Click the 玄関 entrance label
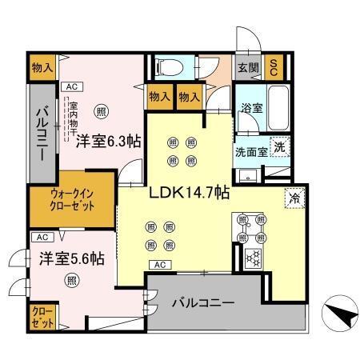(x=246, y=66)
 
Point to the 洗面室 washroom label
(x=250, y=150)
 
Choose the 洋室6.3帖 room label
(x=109, y=142)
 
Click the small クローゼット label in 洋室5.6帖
(x=43, y=318)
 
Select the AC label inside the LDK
(x=158, y=265)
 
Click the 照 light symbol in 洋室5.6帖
(x=72, y=280)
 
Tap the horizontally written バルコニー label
(x=203, y=304)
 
